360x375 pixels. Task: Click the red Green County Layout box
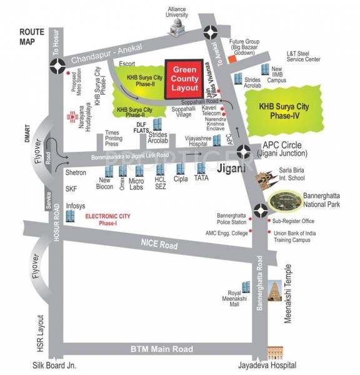pos(184,79)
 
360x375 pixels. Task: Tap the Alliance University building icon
pos(176,27)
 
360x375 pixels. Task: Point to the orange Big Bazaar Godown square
pos(232,59)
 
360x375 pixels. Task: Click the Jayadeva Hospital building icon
pos(275,352)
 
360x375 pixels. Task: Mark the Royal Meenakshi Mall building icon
pos(246,288)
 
